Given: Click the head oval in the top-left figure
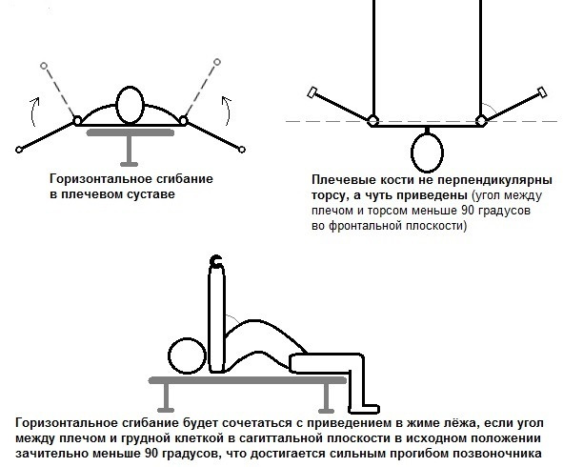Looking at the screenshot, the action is [x=131, y=105].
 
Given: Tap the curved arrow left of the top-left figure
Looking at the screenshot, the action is [x=32, y=112].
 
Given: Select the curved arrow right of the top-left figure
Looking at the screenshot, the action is [x=228, y=111].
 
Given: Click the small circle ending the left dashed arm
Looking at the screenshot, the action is [x=44, y=66].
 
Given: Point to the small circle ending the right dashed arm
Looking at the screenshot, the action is [x=217, y=62].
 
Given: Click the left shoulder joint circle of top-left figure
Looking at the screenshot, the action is [x=77, y=121].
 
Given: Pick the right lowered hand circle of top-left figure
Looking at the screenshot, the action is [x=242, y=150].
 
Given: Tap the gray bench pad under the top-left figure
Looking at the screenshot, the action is [x=131, y=132].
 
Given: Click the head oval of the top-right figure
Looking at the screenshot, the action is [x=427, y=152].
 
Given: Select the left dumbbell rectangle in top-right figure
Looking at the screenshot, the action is [x=312, y=92].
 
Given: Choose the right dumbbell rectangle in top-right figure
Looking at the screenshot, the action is [x=542, y=92].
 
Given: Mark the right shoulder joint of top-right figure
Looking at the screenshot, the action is [x=481, y=121].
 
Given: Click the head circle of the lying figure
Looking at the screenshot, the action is [x=187, y=356].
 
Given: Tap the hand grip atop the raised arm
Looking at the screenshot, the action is [x=216, y=260].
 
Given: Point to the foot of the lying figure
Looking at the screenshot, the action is [x=365, y=409].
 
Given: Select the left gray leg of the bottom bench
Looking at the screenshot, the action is [x=166, y=397].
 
